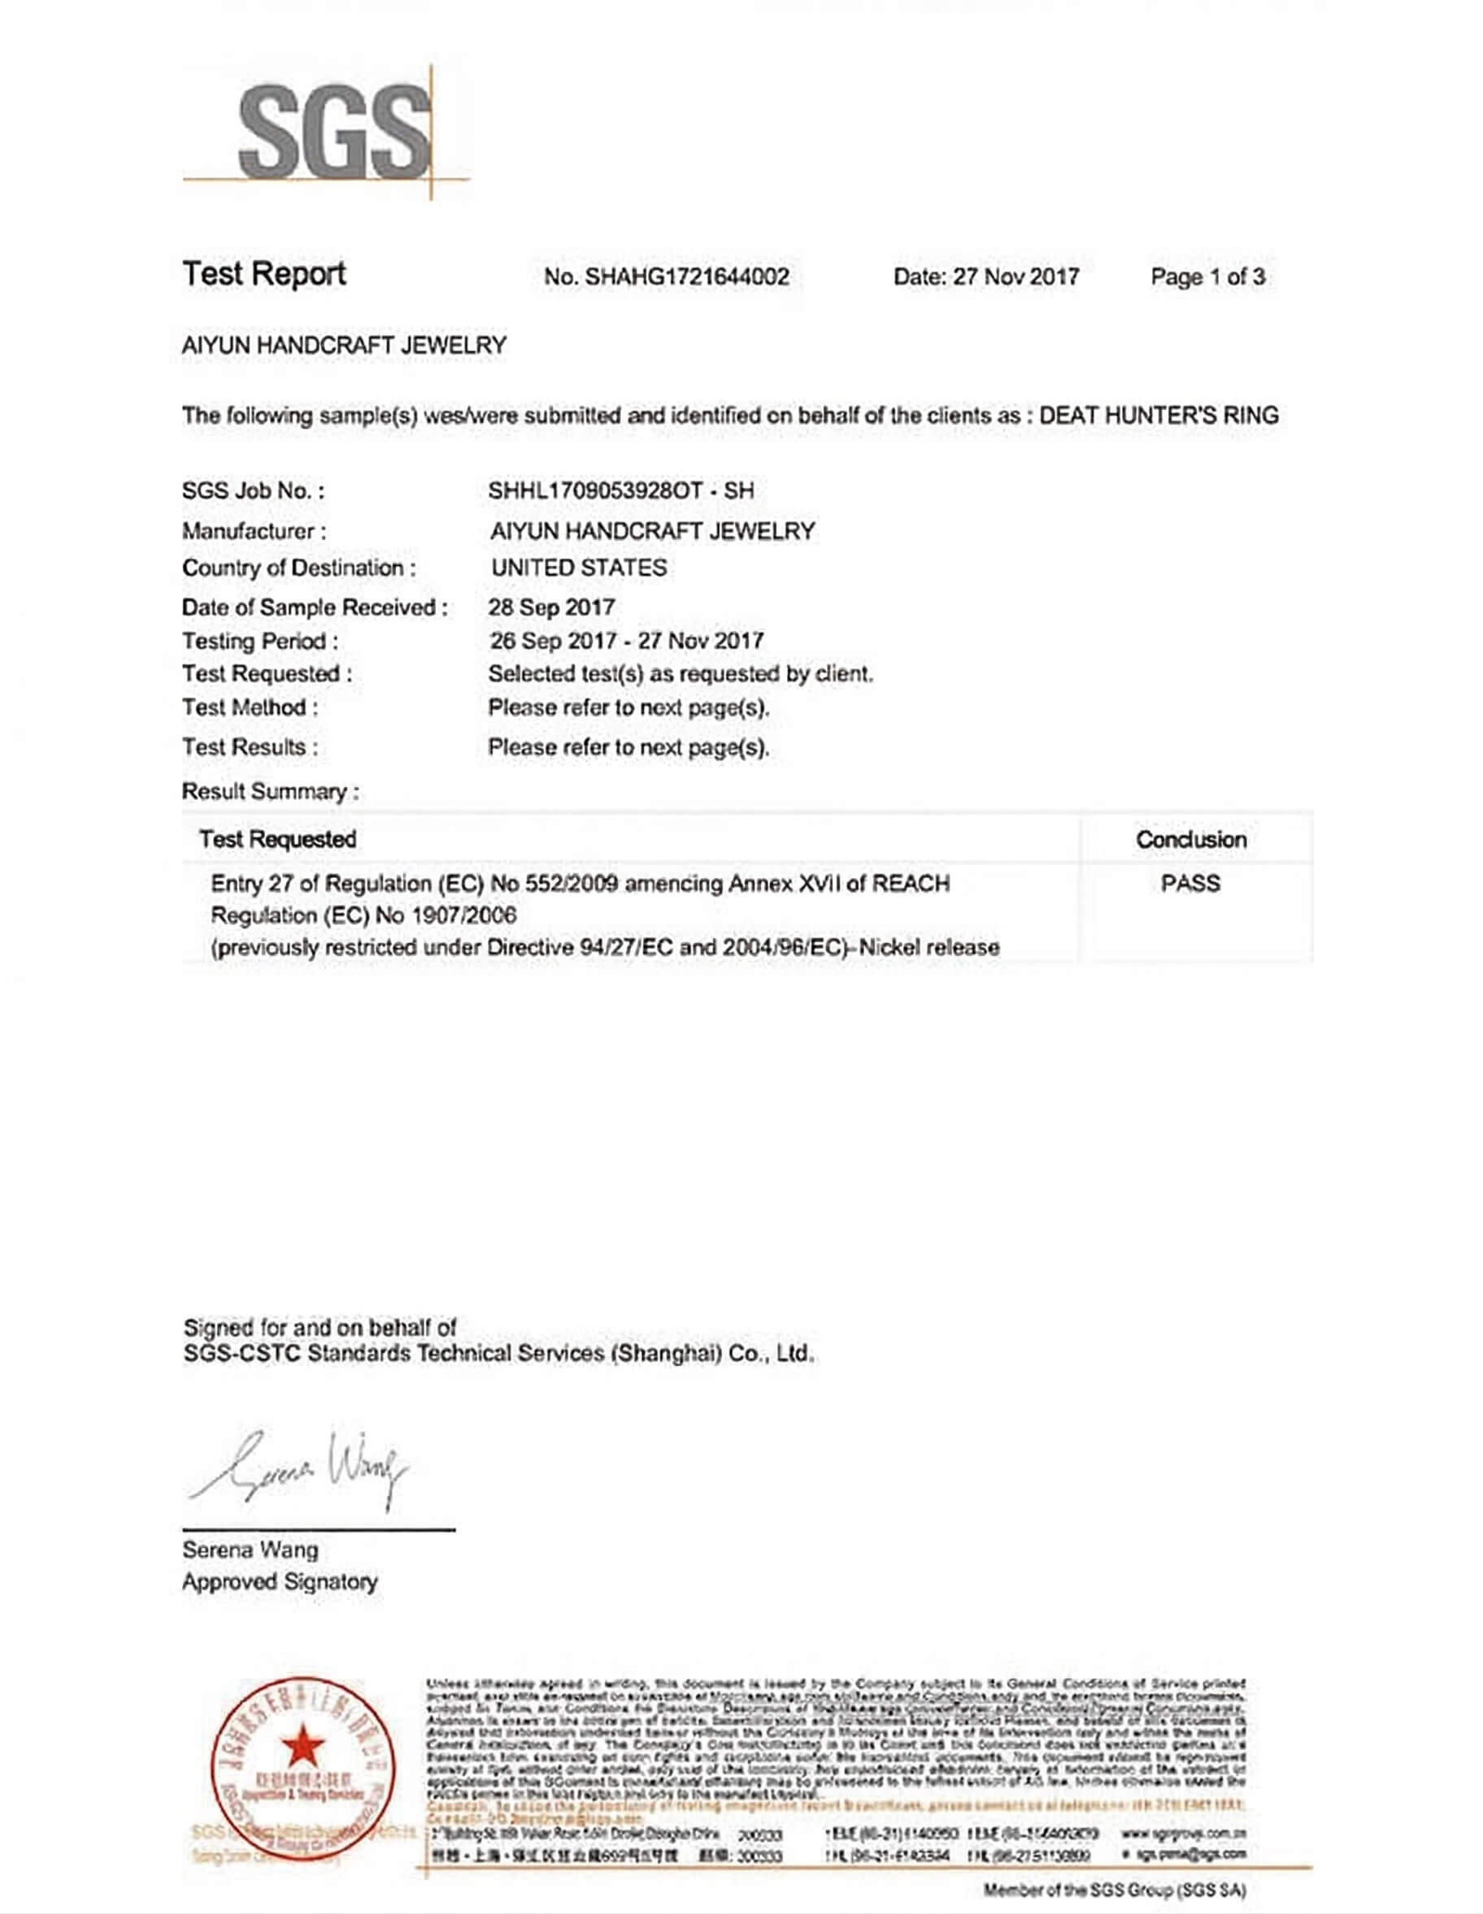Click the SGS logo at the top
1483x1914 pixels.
tap(333, 132)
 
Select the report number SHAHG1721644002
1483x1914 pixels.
tap(686, 277)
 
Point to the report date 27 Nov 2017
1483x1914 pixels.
tap(1015, 277)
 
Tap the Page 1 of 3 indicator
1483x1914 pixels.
tap(1207, 277)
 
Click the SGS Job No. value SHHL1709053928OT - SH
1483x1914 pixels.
tap(620, 491)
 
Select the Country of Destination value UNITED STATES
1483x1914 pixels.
tap(578, 568)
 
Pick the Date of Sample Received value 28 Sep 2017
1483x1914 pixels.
tap(551, 607)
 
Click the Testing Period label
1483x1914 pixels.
tap(259, 642)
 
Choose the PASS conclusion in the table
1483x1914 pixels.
tap(1189, 883)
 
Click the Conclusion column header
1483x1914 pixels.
tap(1190, 840)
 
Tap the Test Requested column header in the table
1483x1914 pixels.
tap(277, 840)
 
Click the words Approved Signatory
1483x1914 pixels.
tap(280, 1581)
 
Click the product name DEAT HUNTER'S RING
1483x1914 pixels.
tap(1158, 415)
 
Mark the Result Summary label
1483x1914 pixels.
tap(269, 791)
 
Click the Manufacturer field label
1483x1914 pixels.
tap(254, 531)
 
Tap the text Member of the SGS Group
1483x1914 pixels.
tap(1114, 1890)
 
